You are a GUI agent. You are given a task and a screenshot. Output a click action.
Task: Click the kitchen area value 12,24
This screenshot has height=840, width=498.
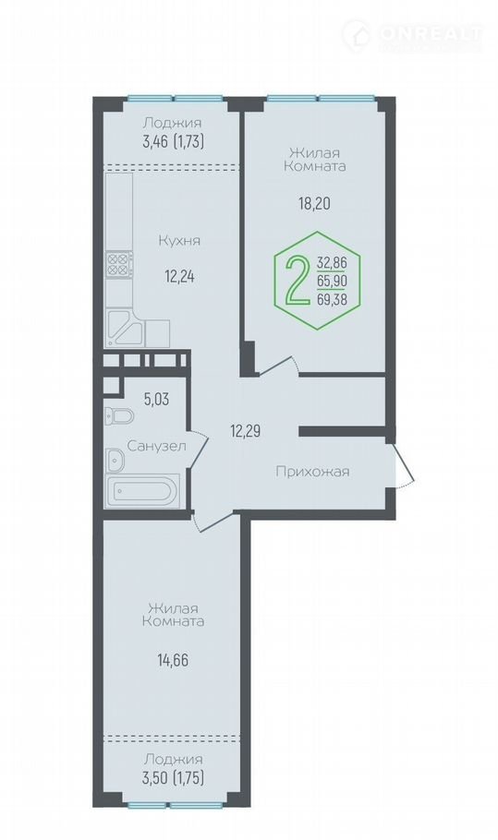(x=179, y=277)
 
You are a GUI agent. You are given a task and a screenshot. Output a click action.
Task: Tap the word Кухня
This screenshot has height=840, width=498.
(x=179, y=241)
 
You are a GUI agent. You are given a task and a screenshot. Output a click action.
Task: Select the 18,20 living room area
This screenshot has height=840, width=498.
(x=314, y=203)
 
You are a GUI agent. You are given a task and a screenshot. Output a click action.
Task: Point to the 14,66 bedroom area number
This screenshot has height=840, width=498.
(x=173, y=660)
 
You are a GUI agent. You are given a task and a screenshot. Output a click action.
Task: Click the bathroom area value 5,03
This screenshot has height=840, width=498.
(x=156, y=399)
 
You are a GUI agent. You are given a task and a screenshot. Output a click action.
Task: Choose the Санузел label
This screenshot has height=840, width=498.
(x=156, y=446)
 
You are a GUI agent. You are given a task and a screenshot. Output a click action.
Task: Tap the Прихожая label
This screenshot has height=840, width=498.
(x=312, y=472)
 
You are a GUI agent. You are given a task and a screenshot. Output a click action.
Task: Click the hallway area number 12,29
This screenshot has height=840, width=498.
(x=246, y=430)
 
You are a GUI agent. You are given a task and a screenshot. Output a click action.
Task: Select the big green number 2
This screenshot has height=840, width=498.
(x=298, y=280)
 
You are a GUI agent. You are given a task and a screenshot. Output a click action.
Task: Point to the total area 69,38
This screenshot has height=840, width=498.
(x=332, y=299)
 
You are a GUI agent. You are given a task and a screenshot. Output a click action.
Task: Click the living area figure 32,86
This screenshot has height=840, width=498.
(x=332, y=262)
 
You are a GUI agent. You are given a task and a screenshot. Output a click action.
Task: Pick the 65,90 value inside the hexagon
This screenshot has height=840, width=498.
(x=332, y=281)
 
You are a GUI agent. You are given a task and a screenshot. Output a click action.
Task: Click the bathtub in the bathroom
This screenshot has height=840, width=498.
(x=143, y=490)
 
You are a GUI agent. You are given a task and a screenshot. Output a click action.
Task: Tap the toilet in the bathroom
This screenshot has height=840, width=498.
(x=120, y=415)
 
